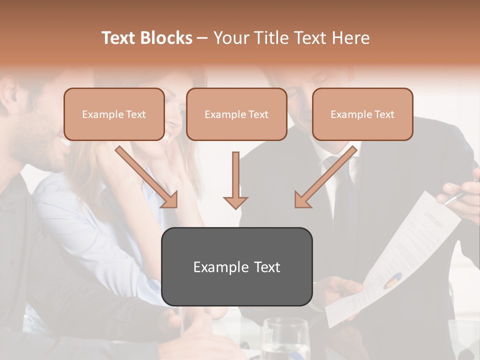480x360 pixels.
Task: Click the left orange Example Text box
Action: [x=114, y=114]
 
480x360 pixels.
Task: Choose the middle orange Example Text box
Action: [x=236, y=114]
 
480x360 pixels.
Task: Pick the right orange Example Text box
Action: [x=362, y=114]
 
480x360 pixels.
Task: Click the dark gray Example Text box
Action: [x=236, y=266]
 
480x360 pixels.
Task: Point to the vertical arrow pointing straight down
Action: [x=235, y=180]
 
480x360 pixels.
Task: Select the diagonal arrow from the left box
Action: [x=146, y=176]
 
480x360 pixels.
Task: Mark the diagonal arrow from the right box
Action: [x=325, y=176]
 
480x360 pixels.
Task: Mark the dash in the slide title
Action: [x=202, y=38]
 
